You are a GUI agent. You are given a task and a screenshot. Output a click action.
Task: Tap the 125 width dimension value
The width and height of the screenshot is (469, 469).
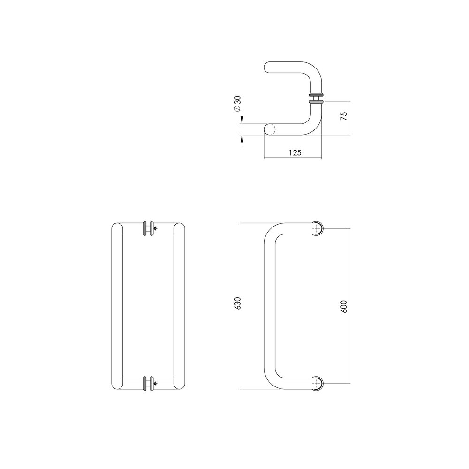[295, 152]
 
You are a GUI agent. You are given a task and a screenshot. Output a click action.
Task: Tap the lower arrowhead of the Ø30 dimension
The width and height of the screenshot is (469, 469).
[242, 139]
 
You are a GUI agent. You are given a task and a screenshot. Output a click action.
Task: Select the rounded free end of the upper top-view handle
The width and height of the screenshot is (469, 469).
[269, 67]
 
